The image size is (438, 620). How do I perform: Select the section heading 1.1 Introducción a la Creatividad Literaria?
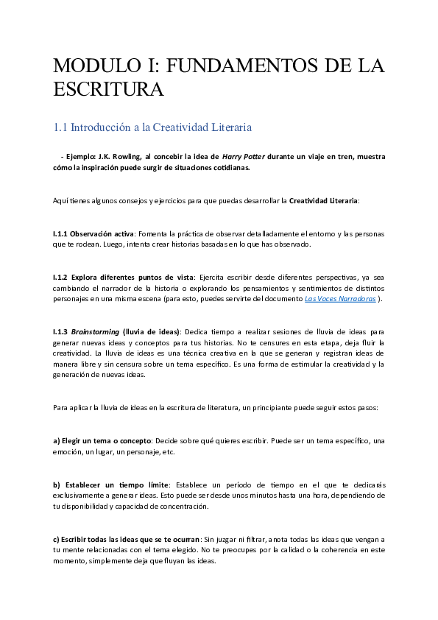[x=152, y=127]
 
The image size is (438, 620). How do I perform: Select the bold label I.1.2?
[x=61, y=278]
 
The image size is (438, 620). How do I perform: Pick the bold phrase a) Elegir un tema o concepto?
[x=102, y=440]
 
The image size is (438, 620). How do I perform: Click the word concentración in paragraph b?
[x=183, y=507]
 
